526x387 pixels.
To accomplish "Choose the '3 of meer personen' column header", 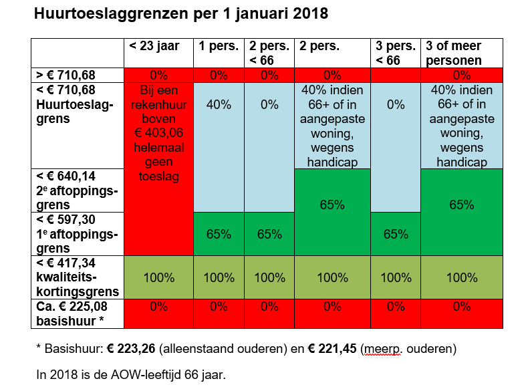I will coord(453,53).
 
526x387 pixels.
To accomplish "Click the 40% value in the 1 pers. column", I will coord(219,104).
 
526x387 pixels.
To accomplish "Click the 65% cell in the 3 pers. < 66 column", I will coord(396,234).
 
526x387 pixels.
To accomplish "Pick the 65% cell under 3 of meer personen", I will coord(461,205).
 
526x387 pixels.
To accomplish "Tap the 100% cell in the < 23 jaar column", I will coord(158,277).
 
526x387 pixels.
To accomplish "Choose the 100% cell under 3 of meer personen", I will coord(461,277).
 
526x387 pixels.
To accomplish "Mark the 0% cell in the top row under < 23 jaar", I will coord(158,75).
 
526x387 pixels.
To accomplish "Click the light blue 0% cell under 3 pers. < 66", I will coord(396,104).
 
